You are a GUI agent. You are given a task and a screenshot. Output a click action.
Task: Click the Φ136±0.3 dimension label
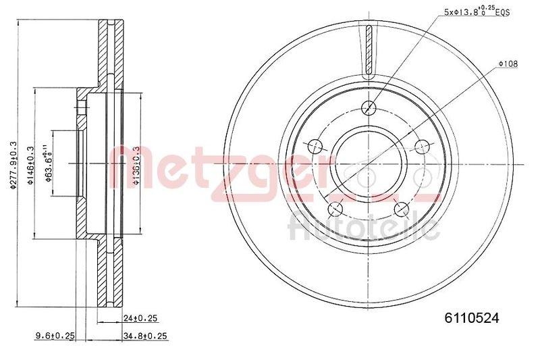(136, 164)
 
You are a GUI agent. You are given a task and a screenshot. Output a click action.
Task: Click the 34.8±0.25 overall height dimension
(144, 335)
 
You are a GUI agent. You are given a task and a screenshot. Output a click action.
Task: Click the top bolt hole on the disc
(369, 106)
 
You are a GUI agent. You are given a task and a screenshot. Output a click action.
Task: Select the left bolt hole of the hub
(314, 146)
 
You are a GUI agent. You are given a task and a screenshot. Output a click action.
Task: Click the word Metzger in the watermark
(223, 165)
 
